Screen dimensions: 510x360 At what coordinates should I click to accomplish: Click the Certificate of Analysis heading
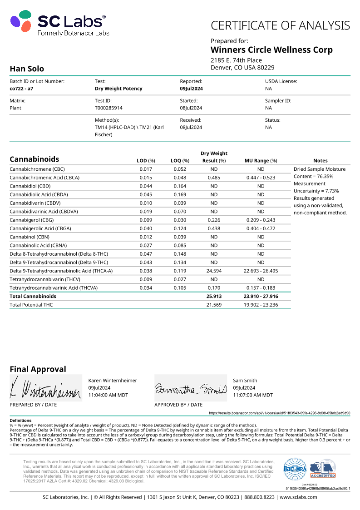pos(280,25)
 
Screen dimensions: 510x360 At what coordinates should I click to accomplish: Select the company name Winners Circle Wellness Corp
pos(271,50)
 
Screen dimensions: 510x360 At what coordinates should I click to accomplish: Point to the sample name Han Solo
pos(27,69)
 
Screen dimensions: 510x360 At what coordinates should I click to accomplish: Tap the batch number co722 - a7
pos(21,89)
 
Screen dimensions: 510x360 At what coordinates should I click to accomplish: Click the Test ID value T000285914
pos(108,108)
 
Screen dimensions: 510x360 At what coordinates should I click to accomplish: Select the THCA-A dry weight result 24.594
pos(214,271)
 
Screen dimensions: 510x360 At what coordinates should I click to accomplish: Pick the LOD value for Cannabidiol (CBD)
pos(146,186)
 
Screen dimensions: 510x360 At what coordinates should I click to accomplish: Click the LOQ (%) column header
pos(180,161)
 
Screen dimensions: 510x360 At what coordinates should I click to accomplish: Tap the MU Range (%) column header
pos(261,161)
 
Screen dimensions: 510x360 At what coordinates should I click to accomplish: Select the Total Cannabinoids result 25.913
pos(214,296)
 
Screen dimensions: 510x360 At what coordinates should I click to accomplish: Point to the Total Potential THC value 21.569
pos(214,305)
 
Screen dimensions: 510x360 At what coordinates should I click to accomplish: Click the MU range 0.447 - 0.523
pos(261,178)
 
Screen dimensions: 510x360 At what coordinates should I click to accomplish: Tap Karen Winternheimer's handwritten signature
pos(45,387)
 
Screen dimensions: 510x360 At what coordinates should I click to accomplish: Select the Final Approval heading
pos(38,369)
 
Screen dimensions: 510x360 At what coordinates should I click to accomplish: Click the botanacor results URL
pos(279,413)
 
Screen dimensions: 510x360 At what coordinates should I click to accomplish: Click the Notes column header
pos(320,161)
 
